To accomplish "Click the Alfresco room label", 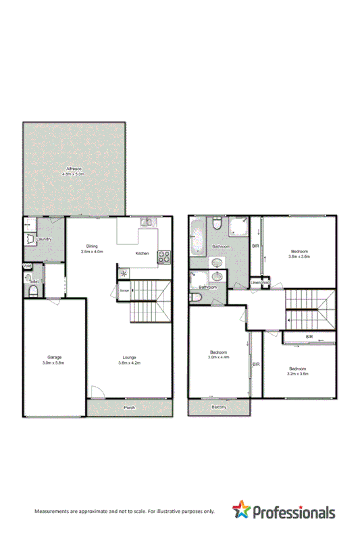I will tap(74, 168).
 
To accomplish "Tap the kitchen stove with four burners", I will tap(163, 256).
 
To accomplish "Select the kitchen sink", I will tap(147, 222).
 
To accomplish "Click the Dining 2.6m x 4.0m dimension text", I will tap(91, 251).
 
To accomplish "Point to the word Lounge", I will tap(129, 357).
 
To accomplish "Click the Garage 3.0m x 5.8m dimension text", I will tap(55, 363).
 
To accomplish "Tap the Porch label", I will tap(130, 407).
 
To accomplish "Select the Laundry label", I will tap(45, 239).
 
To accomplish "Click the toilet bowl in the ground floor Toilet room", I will tap(32, 291).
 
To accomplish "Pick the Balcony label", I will tap(219, 407).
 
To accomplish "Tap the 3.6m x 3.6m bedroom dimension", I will tap(299, 256).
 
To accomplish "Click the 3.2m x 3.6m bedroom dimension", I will tap(297, 373).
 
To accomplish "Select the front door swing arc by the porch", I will tap(97, 391).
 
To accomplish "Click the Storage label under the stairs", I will tap(124, 291).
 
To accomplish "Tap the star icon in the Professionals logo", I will tap(241, 511).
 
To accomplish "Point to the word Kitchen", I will tap(142, 253).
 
